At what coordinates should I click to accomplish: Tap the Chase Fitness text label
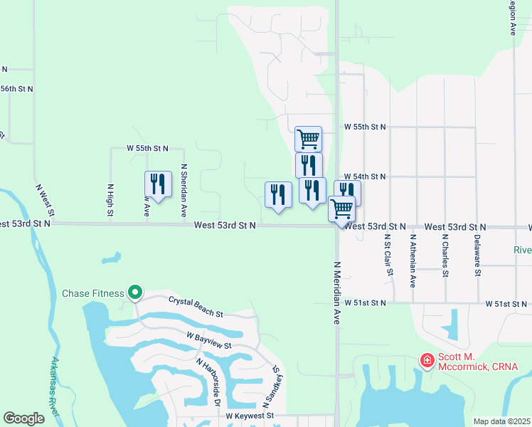pyautogui.click(x=93, y=293)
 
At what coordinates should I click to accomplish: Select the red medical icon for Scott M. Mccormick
pyautogui.click(x=427, y=361)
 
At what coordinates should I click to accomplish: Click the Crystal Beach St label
pyautogui.click(x=196, y=307)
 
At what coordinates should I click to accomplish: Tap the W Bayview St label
pyautogui.click(x=209, y=339)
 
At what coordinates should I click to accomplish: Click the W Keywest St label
pyautogui.click(x=250, y=416)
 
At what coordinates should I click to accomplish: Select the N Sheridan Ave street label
pyautogui.click(x=183, y=191)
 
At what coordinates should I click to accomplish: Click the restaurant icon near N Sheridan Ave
pyautogui.click(x=157, y=185)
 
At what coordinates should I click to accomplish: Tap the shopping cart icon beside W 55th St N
pyautogui.click(x=308, y=138)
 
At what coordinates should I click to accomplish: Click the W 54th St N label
pyautogui.click(x=364, y=176)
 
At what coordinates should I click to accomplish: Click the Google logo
pyautogui.click(x=24, y=418)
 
